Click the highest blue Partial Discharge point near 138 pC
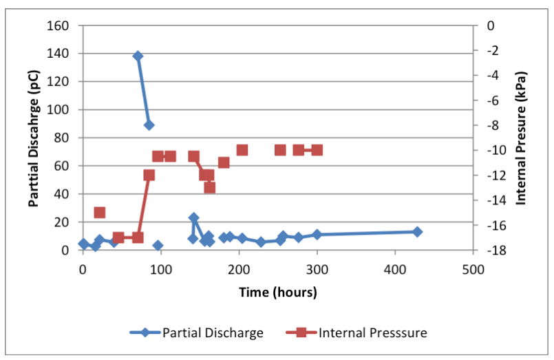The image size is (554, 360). [x=138, y=56]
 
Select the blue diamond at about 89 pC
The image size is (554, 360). [x=149, y=125]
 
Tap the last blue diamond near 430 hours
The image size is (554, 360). [x=417, y=232]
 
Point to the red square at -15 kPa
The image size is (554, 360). [x=100, y=213]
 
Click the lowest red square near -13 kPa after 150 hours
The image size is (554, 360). [x=209, y=187]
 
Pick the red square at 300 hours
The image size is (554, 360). [x=317, y=150]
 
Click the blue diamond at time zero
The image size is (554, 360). [x=83, y=244]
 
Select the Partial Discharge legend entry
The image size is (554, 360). [x=196, y=333]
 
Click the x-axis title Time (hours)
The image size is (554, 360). [x=278, y=292]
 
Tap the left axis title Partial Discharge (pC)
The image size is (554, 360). [x=34, y=138]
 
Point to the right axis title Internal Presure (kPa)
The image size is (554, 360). [x=521, y=138]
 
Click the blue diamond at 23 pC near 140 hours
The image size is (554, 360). [x=193, y=218]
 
